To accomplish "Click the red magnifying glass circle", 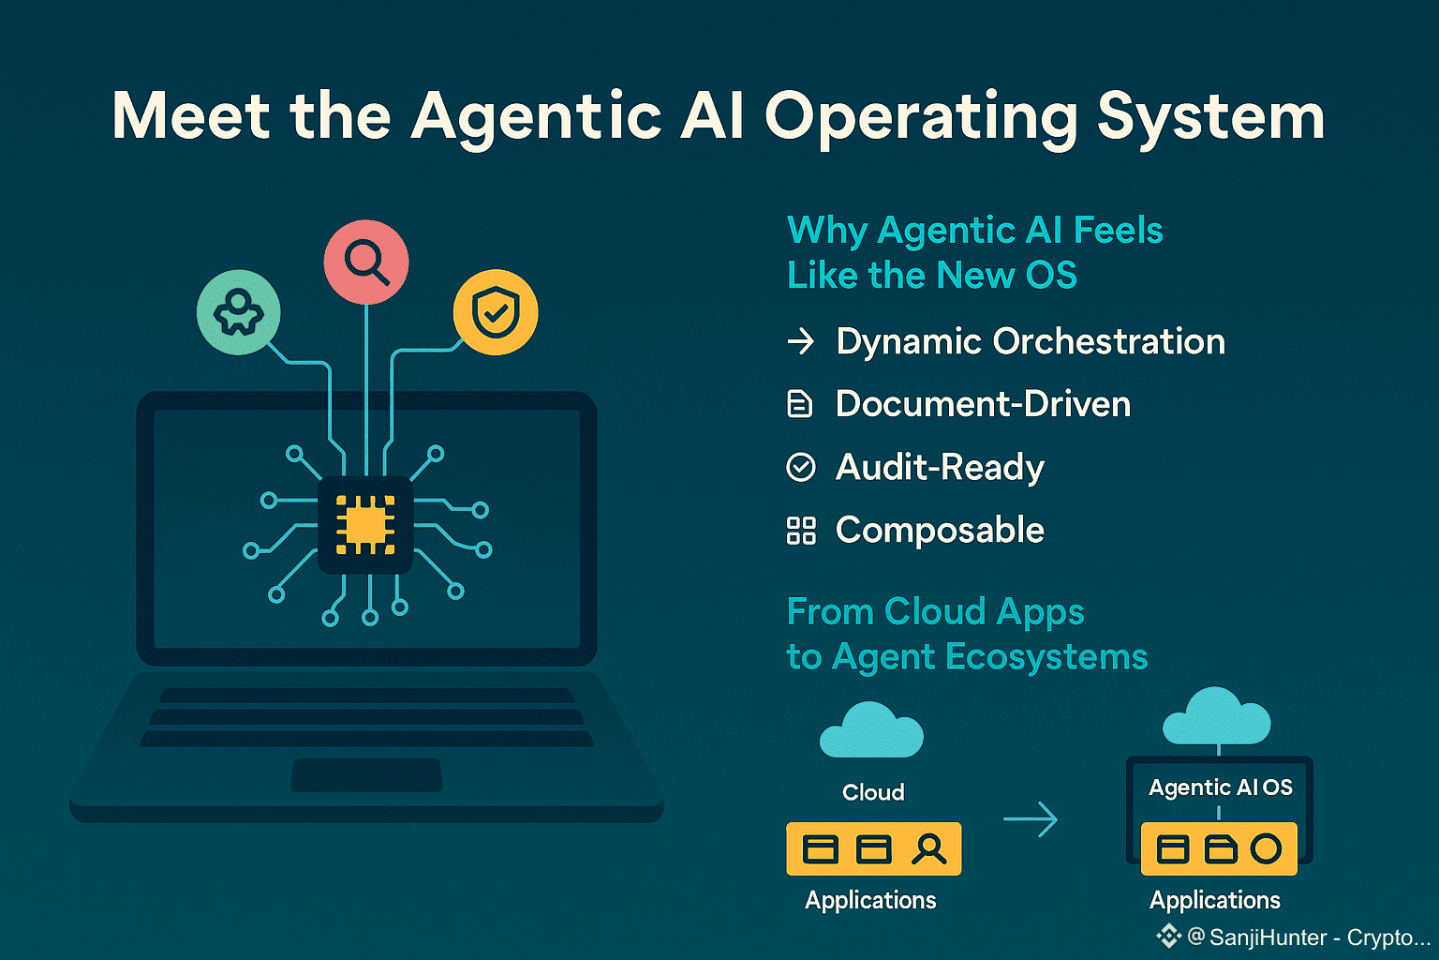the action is pos(366,262).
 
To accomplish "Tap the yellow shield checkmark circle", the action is pos(496,312).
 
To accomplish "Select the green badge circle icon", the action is pos(238,312).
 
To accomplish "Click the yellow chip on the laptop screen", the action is pos(365,524).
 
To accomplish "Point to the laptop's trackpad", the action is pos(366,775).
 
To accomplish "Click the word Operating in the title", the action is pos(921,118).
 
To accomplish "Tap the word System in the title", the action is pos(1210,118).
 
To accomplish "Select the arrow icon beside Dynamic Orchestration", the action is pos(801,341).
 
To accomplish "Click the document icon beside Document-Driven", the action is pos(799,404).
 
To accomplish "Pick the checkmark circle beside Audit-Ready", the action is pos(801,467).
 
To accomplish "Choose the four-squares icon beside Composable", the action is pos(801,531).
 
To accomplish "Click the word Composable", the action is pos(940,531).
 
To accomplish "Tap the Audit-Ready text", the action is pos(940,467).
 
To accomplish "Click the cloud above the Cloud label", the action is pos(871,731).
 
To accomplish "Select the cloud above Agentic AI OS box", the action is pos(1216,717).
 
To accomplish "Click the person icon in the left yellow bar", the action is pos(928,848).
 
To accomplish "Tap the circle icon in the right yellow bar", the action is pos(1266,848).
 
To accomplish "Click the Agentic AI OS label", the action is pos(1220,787).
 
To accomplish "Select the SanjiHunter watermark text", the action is pos(1308,937).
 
